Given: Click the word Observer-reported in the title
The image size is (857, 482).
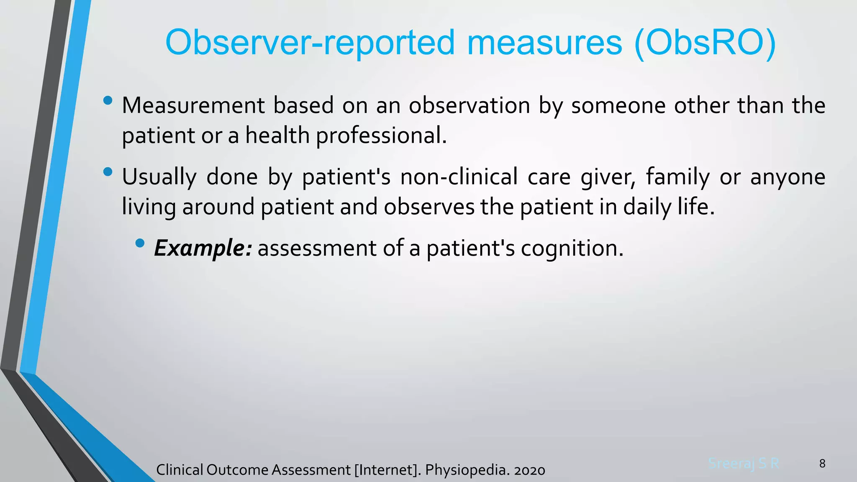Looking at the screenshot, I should [x=310, y=43].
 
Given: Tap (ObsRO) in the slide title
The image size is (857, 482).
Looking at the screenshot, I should [x=705, y=43].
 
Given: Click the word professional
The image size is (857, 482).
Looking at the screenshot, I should [x=381, y=136].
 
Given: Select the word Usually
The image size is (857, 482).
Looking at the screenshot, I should [x=159, y=177].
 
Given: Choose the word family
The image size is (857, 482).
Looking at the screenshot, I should [x=678, y=177].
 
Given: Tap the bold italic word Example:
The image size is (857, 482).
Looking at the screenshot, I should [x=203, y=248].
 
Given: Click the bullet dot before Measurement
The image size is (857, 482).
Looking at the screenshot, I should [x=108, y=100].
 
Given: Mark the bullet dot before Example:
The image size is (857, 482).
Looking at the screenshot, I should [x=140, y=243].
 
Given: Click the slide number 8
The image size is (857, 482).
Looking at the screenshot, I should [x=822, y=464].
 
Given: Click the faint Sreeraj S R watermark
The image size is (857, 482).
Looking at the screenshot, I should [x=744, y=463].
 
